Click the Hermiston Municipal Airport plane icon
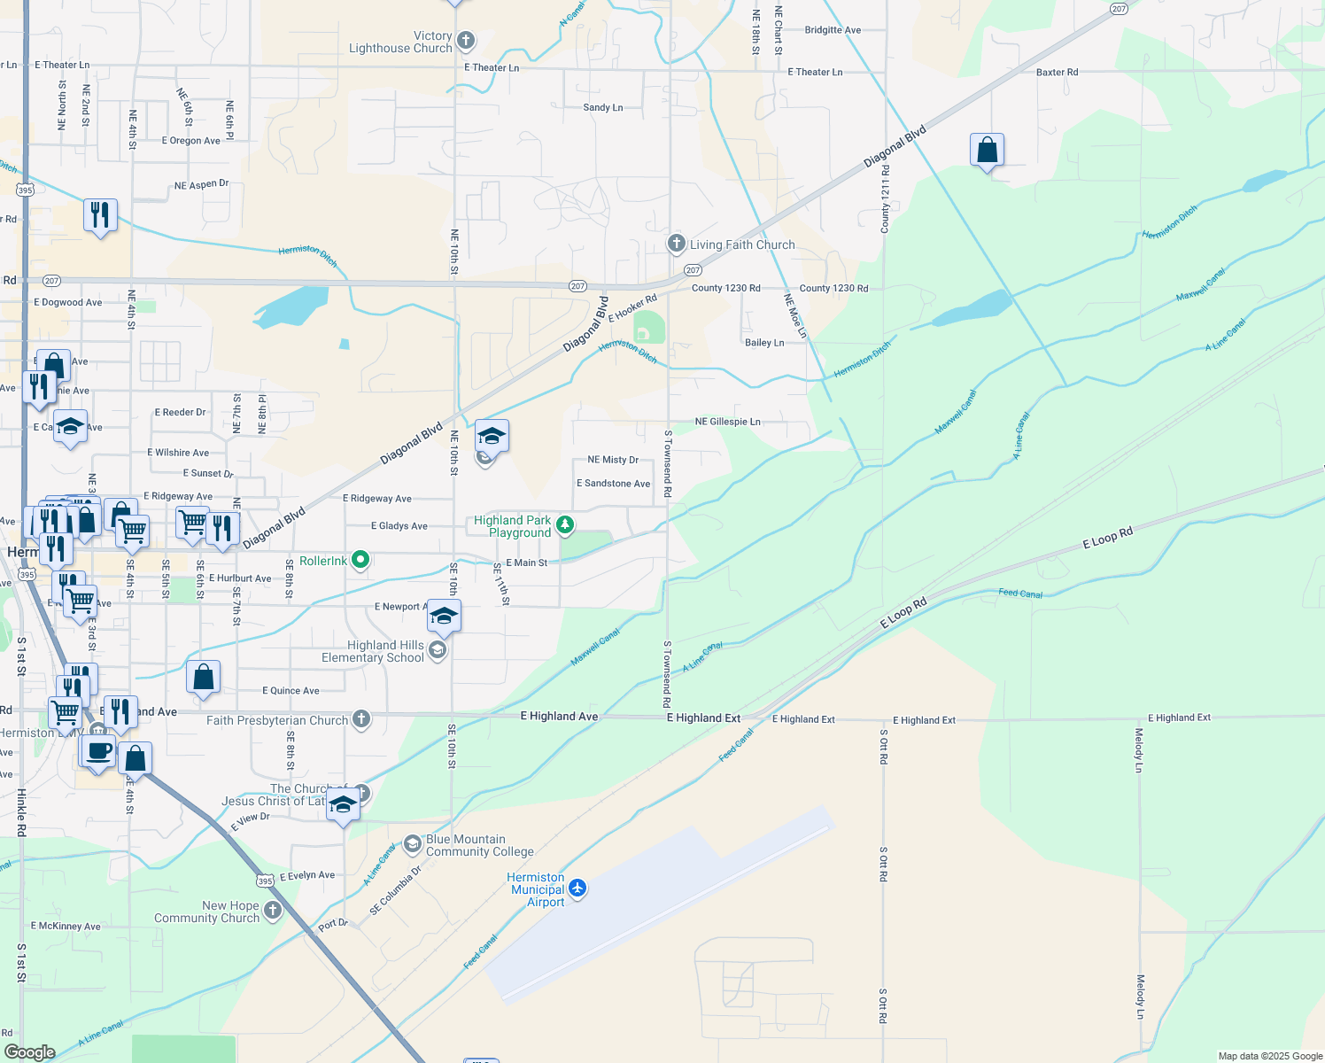[x=577, y=888]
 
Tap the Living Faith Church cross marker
[x=677, y=244]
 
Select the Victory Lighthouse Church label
[x=400, y=43]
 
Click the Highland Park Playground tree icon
[x=564, y=525]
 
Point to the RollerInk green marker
[x=360, y=560]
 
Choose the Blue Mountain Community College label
[x=479, y=846]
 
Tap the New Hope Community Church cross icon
[x=273, y=910]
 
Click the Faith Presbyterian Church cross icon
[x=361, y=718]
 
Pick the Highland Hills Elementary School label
[x=373, y=652]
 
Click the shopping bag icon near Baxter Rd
[x=987, y=151]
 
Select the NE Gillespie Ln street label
[x=727, y=423]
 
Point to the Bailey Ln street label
[x=764, y=343]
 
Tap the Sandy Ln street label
[x=602, y=108]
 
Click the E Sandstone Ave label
[x=613, y=484]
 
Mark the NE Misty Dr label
[x=613, y=460]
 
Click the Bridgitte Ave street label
[x=833, y=30]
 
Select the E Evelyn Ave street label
[x=307, y=875]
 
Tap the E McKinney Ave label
[x=66, y=927]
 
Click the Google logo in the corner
[x=29, y=1052]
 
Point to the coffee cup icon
[x=99, y=751]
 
